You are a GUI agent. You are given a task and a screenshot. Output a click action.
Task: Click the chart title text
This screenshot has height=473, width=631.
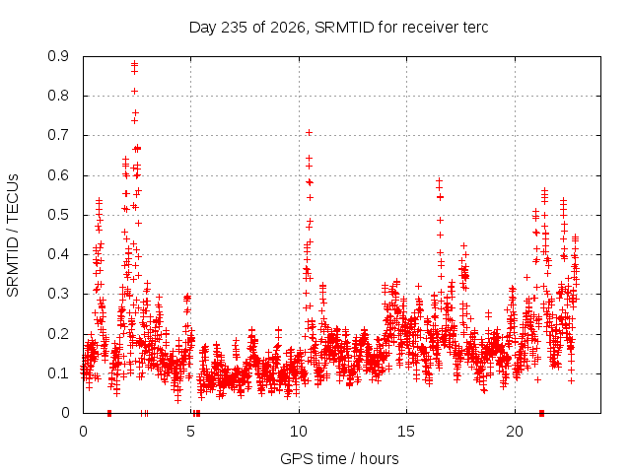tap(338, 28)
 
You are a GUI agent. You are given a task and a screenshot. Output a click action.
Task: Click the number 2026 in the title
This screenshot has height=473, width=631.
tap(288, 28)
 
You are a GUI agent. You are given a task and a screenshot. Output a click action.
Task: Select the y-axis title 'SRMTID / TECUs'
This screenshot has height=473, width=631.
tap(13, 236)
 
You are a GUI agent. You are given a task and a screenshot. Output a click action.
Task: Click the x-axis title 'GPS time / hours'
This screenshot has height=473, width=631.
tap(339, 458)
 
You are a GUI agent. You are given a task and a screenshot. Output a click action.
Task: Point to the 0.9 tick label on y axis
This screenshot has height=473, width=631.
tap(58, 56)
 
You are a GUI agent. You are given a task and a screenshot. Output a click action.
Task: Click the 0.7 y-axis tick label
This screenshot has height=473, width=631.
tap(58, 135)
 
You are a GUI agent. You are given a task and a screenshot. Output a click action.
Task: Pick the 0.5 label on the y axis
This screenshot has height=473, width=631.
tap(58, 215)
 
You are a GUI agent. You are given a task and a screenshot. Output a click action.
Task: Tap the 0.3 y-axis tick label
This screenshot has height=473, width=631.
tap(58, 294)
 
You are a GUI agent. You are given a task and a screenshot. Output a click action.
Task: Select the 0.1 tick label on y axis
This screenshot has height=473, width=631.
tap(58, 373)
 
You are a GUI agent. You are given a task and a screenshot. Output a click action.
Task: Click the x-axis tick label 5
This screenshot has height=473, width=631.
tap(190, 432)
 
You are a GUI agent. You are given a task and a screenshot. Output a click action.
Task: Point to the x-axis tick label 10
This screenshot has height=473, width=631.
tap(299, 432)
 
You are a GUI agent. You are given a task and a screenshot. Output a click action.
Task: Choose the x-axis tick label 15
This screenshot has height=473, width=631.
tap(406, 432)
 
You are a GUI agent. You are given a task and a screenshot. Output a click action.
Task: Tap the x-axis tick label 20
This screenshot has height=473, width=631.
tap(515, 432)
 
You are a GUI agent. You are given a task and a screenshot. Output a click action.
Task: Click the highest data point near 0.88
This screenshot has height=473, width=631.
tap(135, 63)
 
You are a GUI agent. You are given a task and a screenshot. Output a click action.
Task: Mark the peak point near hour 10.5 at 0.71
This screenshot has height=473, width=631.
tap(309, 133)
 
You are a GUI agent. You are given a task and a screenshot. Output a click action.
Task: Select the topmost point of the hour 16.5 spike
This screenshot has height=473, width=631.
tap(440, 181)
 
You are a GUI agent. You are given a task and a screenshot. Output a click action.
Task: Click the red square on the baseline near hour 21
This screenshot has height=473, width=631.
tap(541, 413)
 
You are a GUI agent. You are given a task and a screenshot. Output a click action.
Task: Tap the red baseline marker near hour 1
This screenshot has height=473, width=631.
tap(109, 413)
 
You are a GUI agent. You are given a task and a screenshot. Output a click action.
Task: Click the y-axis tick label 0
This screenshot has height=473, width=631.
tap(65, 413)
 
